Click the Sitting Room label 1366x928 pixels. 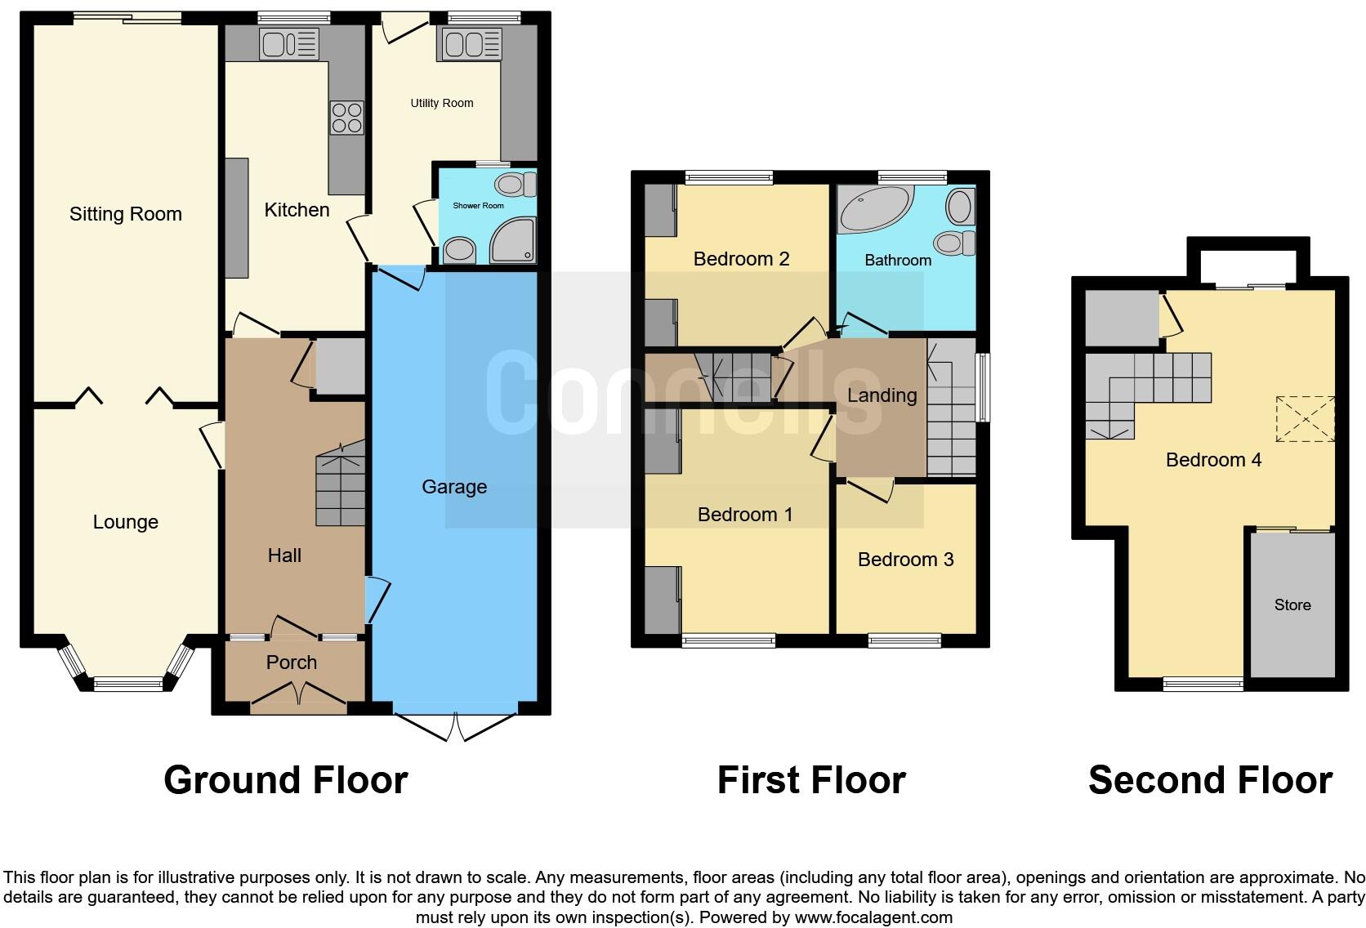pyautogui.click(x=125, y=214)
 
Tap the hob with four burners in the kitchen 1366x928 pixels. pyautogui.click(x=346, y=118)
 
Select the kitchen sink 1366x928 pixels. pyautogui.click(x=288, y=44)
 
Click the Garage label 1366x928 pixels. pyautogui.click(x=454, y=487)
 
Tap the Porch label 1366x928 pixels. pyautogui.click(x=292, y=663)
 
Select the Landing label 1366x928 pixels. pyautogui.click(x=882, y=395)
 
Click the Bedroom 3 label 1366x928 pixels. pyautogui.click(x=905, y=560)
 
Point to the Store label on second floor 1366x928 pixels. pyautogui.click(x=1292, y=605)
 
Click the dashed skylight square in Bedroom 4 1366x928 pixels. pyautogui.click(x=1305, y=418)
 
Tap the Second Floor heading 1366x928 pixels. pyautogui.click(x=1210, y=780)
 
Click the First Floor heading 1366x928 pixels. pyautogui.click(x=811, y=780)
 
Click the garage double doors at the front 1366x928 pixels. pyautogui.click(x=455, y=724)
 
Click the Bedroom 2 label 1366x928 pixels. pyautogui.click(x=741, y=259)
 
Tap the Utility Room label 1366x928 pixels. pyautogui.click(x=442, y=103)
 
